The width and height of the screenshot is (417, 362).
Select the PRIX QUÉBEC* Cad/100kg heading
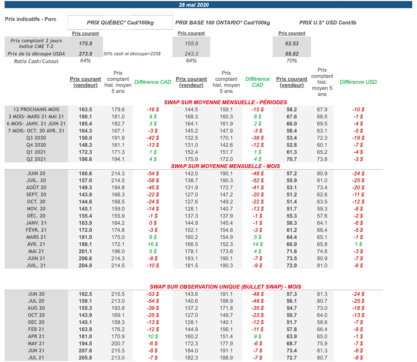point(120,23)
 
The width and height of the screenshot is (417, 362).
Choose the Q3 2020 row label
point(36,138)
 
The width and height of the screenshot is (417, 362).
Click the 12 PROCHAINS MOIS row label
point(36,110)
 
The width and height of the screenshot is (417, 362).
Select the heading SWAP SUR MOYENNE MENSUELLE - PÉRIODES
point(225,102)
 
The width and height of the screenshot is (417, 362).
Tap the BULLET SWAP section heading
point(225,287)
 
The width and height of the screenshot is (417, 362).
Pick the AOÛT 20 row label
point(36,188)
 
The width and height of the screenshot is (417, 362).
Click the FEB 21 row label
point(36,329)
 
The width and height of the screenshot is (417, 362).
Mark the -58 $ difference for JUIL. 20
point(153,180)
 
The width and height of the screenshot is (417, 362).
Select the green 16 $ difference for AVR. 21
point(153,244)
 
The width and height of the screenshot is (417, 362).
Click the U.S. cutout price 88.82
point(292,54)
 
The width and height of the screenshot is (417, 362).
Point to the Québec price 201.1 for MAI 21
point(85,251)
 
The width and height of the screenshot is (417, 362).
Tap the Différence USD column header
point(358,82)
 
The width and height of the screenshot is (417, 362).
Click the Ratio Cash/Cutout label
point(36,61)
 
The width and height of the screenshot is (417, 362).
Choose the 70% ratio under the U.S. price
point(292,61)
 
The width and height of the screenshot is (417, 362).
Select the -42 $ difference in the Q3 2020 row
point(153,138)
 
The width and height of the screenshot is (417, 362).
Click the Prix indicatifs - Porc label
point(31,19)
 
